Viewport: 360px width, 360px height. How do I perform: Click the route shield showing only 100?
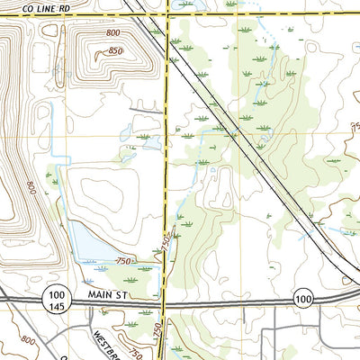303,298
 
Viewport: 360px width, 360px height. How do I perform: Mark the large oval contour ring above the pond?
108,193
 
